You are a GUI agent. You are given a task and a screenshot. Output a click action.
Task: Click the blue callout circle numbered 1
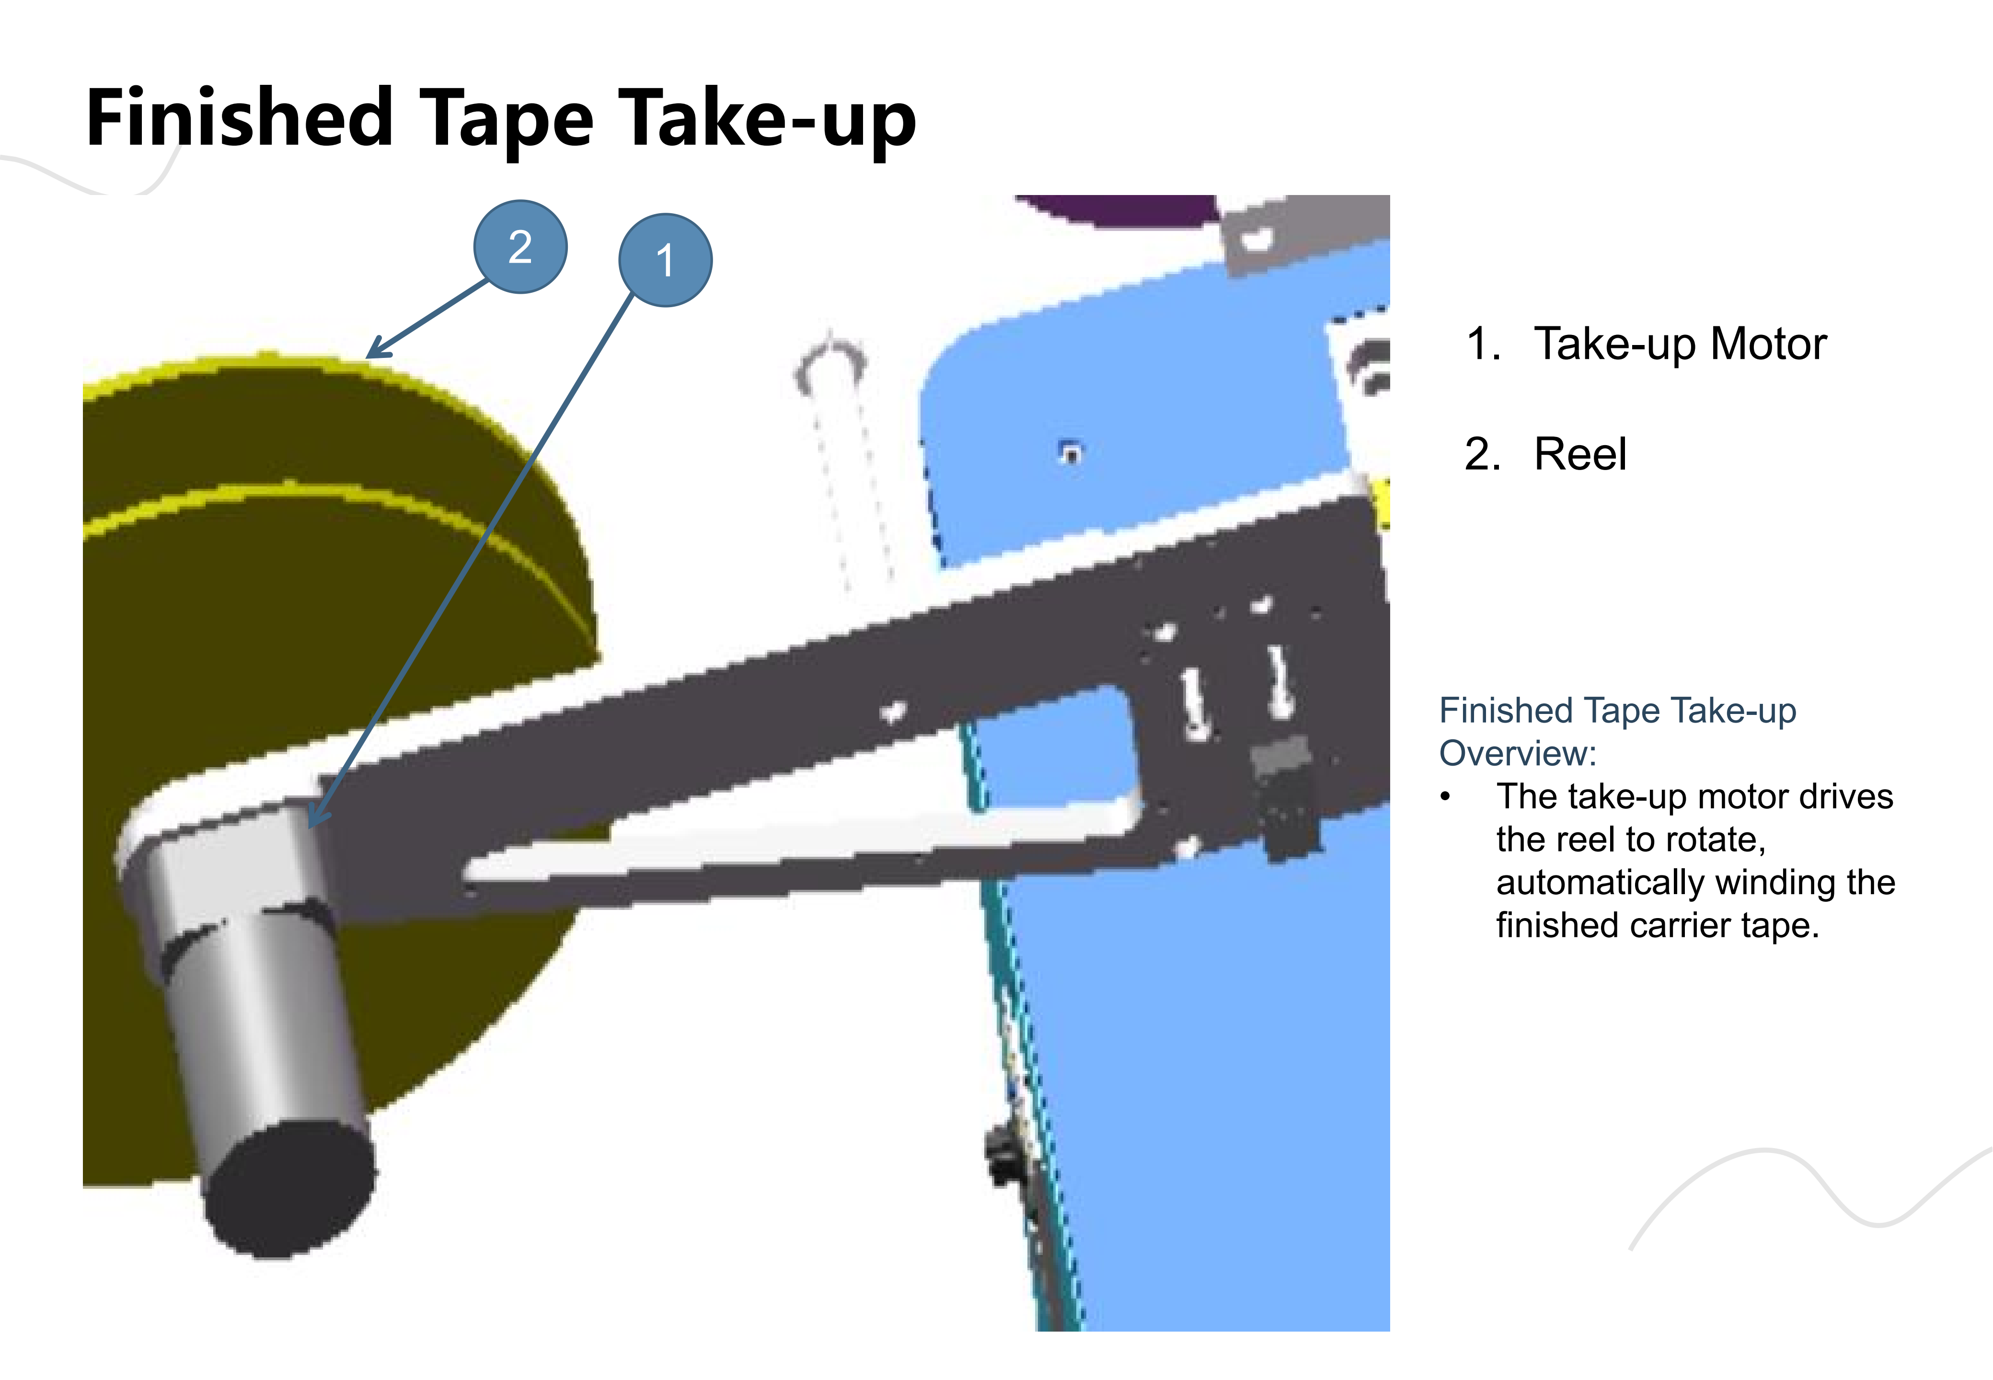(x=665, y=259)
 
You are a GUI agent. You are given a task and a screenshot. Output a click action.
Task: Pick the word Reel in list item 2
(x=1580, y=454)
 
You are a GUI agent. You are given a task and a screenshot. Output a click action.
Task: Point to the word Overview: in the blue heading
(x=1518, y=754)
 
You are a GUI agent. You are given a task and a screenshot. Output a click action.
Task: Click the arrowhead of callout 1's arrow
(x=316, y=818)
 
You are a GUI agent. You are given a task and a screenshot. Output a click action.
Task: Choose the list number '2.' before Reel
(x=1482, y=454)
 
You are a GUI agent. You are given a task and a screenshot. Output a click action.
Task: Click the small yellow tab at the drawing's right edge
(x=1382, y=502)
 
